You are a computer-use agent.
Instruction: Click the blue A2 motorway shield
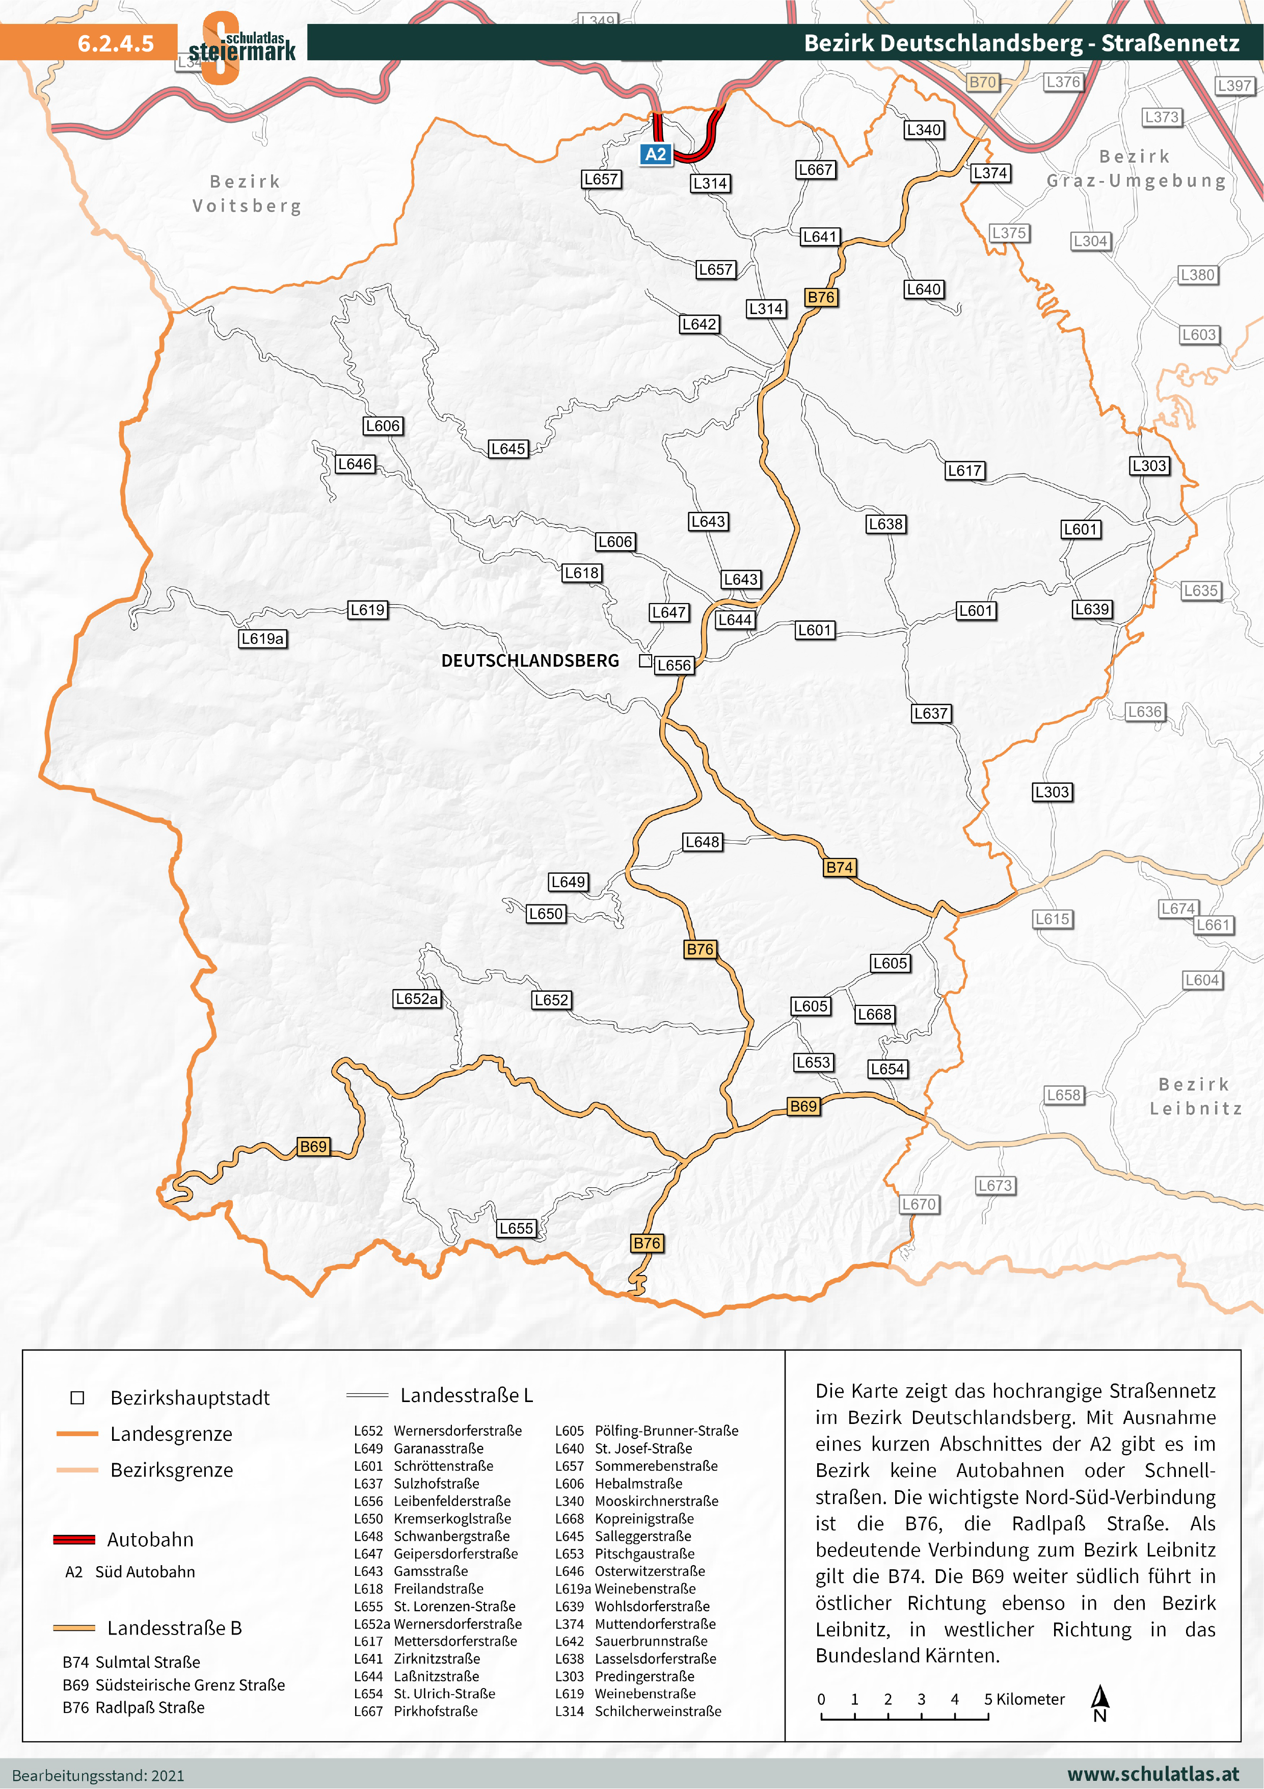pos(656,154)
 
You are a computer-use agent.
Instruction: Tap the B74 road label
pos(840,867)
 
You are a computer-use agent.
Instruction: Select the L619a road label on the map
pos(262,639)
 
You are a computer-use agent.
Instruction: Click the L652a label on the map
pos(417,999)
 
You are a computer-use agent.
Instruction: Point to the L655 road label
pos(516,1228)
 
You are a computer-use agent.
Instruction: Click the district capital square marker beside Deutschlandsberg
pos(645,661)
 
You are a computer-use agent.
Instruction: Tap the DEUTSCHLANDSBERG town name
pos(529,661)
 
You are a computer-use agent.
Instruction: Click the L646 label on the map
pos(355,464)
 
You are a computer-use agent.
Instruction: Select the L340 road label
pos(924,130)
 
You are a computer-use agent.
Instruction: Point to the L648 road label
pos(703,842)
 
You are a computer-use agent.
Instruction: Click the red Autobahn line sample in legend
pos(74,1540)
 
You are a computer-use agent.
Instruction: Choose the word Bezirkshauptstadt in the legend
pos(190,1398)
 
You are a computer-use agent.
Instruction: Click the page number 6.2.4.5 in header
pos(115,43)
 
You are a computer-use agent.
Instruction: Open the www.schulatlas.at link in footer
pos(1152,1774)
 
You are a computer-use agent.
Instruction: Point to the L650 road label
pos(545,914)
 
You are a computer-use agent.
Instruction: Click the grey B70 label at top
pos(983,83)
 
